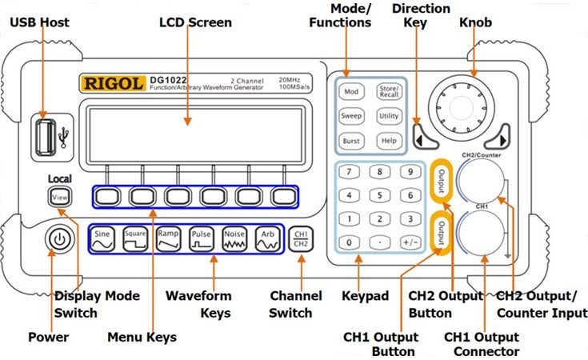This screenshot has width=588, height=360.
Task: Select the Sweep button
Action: (x=352, y=116)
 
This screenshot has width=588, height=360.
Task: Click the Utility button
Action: (x=388, y=116)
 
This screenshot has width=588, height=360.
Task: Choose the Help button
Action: (x=388, y=141)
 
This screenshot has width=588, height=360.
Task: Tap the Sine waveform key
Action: (x=102, y=238)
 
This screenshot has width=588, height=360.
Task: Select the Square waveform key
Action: (x=135, y=238)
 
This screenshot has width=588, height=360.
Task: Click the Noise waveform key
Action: (x=234, y=238)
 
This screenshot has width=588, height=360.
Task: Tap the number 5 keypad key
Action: (x=380, y=195)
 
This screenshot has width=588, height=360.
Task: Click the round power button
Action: (x=58, y=239)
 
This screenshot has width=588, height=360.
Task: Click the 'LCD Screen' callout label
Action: (x=195, y=22)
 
